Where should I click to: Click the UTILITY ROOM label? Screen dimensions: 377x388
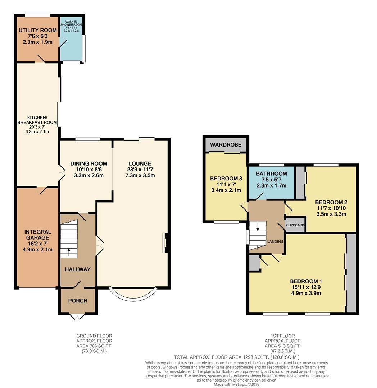38,30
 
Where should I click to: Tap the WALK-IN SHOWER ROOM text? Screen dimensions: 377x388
71,23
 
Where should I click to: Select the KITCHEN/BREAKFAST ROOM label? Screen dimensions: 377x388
37,120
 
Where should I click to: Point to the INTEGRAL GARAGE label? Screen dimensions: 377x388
38,235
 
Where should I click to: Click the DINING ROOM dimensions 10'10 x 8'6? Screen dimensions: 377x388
89,170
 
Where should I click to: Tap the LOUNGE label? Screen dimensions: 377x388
140,163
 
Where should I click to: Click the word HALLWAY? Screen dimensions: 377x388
78,269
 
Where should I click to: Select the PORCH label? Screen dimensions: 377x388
78,301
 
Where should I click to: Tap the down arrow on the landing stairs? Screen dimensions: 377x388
258,227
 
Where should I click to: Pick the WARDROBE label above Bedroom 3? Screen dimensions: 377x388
226,145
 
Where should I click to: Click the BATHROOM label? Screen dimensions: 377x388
272,174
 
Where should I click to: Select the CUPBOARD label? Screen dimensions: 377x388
295,225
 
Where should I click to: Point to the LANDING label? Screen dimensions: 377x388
276,241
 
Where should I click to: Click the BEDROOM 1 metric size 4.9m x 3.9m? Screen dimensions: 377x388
306,293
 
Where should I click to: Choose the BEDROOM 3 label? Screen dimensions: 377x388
226,179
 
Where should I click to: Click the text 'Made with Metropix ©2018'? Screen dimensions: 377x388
237,384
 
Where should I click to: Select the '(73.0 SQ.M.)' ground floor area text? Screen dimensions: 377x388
94,351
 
